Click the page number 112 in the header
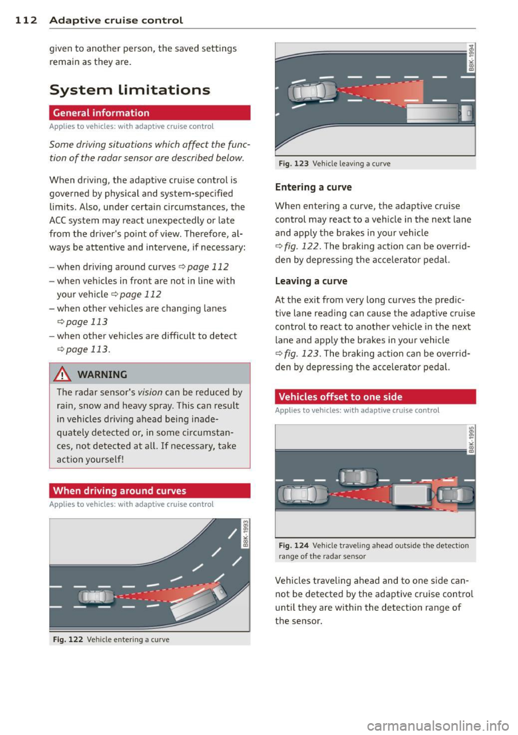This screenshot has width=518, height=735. (x=26, y=21)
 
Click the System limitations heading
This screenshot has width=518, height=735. (x=129, y=90)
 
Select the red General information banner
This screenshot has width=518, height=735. (x=149, y=113)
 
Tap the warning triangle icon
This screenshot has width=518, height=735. (x=63, y=374)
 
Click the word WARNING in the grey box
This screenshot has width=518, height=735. (x=102, y=375)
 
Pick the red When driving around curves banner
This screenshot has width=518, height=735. (x=149, y=491)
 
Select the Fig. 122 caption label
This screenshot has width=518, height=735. (x=68, y=639)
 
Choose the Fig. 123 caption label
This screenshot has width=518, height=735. (x=294, y=164)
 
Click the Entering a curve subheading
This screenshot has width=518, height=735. (x=313, y=187)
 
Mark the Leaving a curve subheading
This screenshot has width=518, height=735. (x=311, y=281)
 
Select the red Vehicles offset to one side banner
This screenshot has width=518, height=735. (x=375, y=397)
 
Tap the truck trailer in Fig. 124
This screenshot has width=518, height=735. (x=411, y=494)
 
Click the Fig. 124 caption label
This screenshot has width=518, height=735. (x=294, y=545)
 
